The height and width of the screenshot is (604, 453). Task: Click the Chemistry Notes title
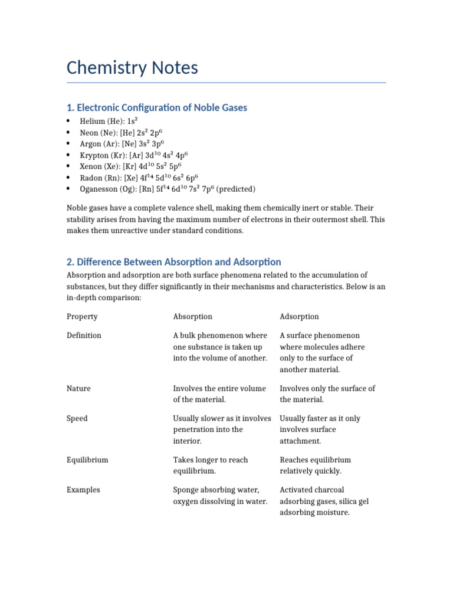pyautogui.click(x=132, y=68)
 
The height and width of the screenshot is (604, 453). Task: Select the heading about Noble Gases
pyautogui.click(x=156, y=107)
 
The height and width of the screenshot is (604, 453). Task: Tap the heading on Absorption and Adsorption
pyautogui.click(x=173, y=262)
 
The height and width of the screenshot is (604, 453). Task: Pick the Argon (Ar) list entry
pyautogui.click(x=122, y=143)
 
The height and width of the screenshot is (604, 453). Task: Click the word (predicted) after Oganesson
pyautogui.click(x=235, y=189)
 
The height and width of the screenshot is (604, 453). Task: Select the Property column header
pyautogui.click(x=82, y=317)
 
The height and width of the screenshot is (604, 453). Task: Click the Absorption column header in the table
pyautogui.click(x=192, y=317)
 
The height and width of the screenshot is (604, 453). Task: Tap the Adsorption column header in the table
pyautogui.click(x=299, y=317)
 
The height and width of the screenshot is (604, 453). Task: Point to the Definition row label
pyautogui.click(x=84, y=336)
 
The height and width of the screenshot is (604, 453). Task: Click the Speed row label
pyautogui.click(x=77, y=419)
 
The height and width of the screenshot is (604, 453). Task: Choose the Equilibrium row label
pyautogui.click(x=87, y=460)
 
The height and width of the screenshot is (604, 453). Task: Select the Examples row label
pyautogui.click(x=83, y=490)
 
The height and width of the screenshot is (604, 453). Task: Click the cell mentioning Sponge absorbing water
pyautogui.click(x=220, y=496)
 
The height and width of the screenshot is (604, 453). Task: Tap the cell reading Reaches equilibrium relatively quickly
pyautogui.click(x=315, y=465)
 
